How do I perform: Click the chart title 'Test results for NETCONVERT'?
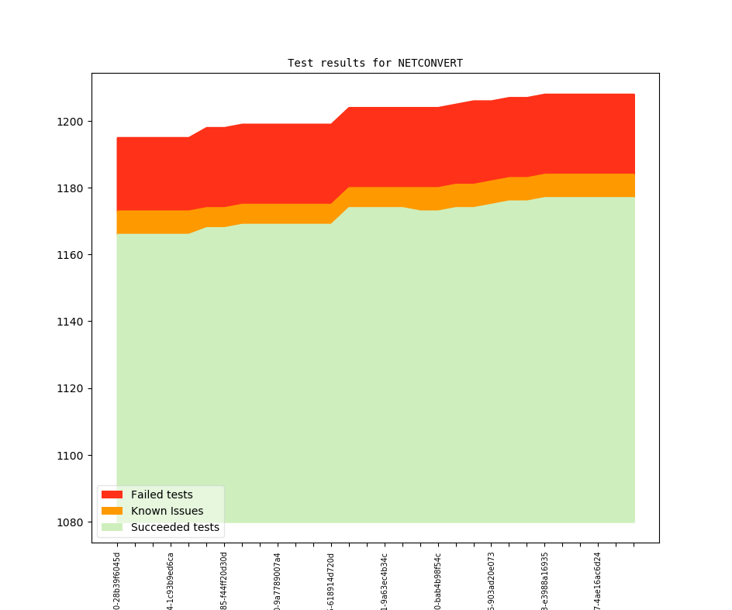pyautogui.click(x=375, y=63)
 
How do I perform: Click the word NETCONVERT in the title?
pyautogui.click(x=430, y=63)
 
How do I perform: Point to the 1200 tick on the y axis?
pyautogui.click(x=72, y=122)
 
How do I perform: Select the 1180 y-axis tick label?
pyautogui.click(x=72, y=188)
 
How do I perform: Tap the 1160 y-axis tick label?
pyautogui.click(x=72, y=255)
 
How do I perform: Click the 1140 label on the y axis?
pyautogui.click(x=72, y=322)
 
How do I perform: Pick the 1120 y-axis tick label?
pyautogui.click(x=72, y=388)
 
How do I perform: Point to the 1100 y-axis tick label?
pyautogui.click(x=72, y=455)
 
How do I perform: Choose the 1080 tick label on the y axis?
pyautogui.click(x=72, y=522)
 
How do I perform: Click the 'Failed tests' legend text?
pyautogui.click(x=161, y=495)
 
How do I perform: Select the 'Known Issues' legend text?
pyautogui.click(x=167, y=511)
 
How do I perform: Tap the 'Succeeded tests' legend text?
pyautogui.click(x=174, y=527)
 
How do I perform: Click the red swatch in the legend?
pyautogui.click(x=112, y=495)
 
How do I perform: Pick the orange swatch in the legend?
pyautogui.click(x=112, y=511)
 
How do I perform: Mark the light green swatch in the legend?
pyautogui.click(x=112, y=527)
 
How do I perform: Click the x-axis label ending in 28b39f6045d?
pyautogui.click(x=117, y=581)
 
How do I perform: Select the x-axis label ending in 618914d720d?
pyautogui.click(x=331, y=581)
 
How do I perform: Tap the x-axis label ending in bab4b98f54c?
pyautogui.click(x=438, y=581)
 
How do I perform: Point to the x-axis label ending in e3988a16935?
pyautogui.click(x=544, y=581)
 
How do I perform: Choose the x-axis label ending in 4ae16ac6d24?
pyautogui.click(x=598, y=581)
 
